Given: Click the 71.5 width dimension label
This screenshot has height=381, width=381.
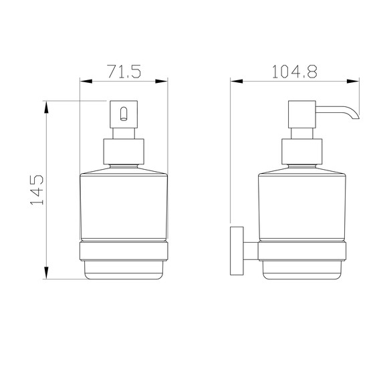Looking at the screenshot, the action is pos(124,72).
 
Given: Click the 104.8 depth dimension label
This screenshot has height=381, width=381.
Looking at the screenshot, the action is pos(295,72).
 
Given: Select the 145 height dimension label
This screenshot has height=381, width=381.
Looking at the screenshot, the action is pos(37,190).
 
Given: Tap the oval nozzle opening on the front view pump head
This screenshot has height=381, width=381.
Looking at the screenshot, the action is pos(124,114).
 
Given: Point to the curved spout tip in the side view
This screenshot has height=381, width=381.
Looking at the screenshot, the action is pos(355,117).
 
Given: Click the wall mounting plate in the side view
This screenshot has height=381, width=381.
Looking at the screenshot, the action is pos(237,251).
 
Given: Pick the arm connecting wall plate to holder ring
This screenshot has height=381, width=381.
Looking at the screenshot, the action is pos(251,251).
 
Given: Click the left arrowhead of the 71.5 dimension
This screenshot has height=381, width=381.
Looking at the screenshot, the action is pos(86,82).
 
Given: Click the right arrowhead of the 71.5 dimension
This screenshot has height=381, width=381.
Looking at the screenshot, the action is pos(162,82).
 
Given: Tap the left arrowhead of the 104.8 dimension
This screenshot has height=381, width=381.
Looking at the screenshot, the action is pos(237,81).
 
